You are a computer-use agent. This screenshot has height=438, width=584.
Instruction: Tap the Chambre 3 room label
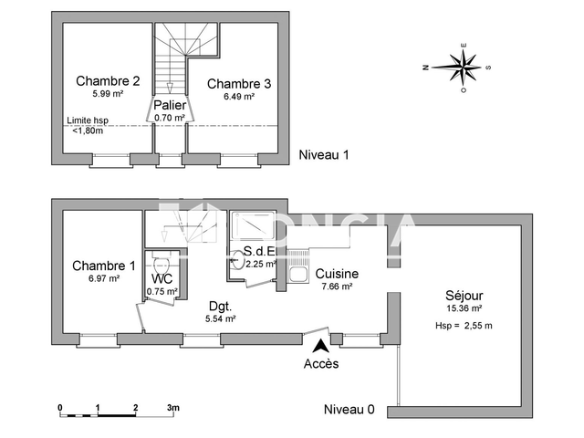239,84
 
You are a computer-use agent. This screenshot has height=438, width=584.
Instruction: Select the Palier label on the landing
170,105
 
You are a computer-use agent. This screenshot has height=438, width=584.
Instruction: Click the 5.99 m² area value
108,93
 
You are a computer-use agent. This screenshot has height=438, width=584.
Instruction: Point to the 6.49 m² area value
239,97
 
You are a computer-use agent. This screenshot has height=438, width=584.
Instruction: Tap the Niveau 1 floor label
324,155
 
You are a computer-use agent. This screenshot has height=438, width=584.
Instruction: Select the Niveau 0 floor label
349,410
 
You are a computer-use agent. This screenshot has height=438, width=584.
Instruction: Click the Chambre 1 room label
104,266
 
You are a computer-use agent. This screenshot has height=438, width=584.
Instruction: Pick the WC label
162,278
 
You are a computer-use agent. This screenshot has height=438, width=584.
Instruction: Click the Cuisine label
337,274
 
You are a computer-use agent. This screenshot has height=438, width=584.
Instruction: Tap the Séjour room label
464,296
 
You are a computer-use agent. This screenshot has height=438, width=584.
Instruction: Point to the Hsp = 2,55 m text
464,326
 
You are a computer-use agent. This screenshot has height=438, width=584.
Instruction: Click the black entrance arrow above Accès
320,346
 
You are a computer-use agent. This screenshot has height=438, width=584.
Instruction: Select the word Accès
320,364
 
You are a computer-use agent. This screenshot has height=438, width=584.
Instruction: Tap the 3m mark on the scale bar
172,407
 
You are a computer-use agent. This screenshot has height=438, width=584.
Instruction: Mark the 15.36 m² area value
464,309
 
